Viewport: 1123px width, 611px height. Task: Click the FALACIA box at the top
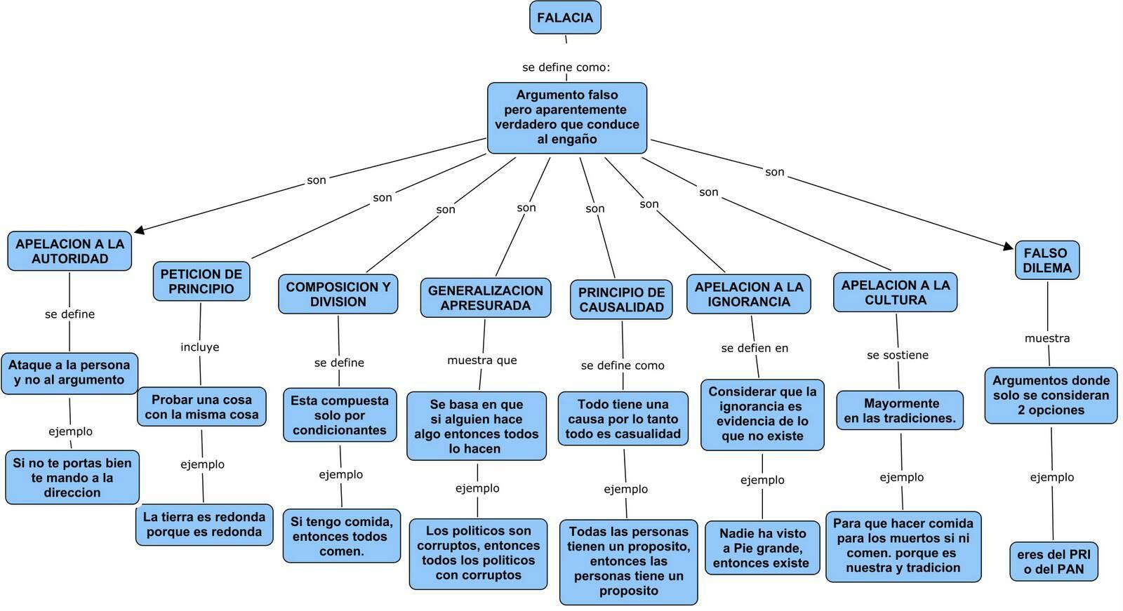[x=565, y=18]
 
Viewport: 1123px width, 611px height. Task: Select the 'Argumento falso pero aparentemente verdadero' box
[x=567, y=118]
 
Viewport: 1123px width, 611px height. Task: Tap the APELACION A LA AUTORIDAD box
[x=69, y=251]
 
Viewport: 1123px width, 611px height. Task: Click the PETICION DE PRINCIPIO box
[x=201, y=281]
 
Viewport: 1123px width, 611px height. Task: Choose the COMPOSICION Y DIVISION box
[x=338, y=294]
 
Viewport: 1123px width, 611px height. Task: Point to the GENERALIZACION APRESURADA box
[x=485, y=297]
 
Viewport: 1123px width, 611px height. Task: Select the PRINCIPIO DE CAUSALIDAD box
[x=621, y=300]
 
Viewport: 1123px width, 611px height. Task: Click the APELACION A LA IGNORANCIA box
[x=748, y=294]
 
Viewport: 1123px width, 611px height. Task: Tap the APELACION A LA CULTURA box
[x=896, y=293]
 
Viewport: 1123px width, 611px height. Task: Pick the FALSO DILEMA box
[x=1047, y=260]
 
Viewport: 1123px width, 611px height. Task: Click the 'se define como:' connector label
[x=566, y=67]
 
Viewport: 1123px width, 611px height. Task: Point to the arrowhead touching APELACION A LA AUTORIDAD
[x=139, y=230]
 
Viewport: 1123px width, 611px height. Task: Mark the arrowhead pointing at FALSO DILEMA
[x=1008, y=246]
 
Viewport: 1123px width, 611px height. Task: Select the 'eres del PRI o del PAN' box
[x=1054, y=561]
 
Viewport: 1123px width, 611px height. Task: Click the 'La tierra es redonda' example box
[x=204, y=524]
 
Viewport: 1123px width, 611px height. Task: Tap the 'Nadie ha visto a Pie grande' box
[x=762, y=548]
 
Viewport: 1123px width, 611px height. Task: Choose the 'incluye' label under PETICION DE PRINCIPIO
[x=199, y=347]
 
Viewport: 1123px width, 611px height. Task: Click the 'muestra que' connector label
[x=481, y=360]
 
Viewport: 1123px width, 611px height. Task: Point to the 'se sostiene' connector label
[x=898, y=355]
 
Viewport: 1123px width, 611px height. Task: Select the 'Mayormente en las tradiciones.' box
[x=900, y=410]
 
